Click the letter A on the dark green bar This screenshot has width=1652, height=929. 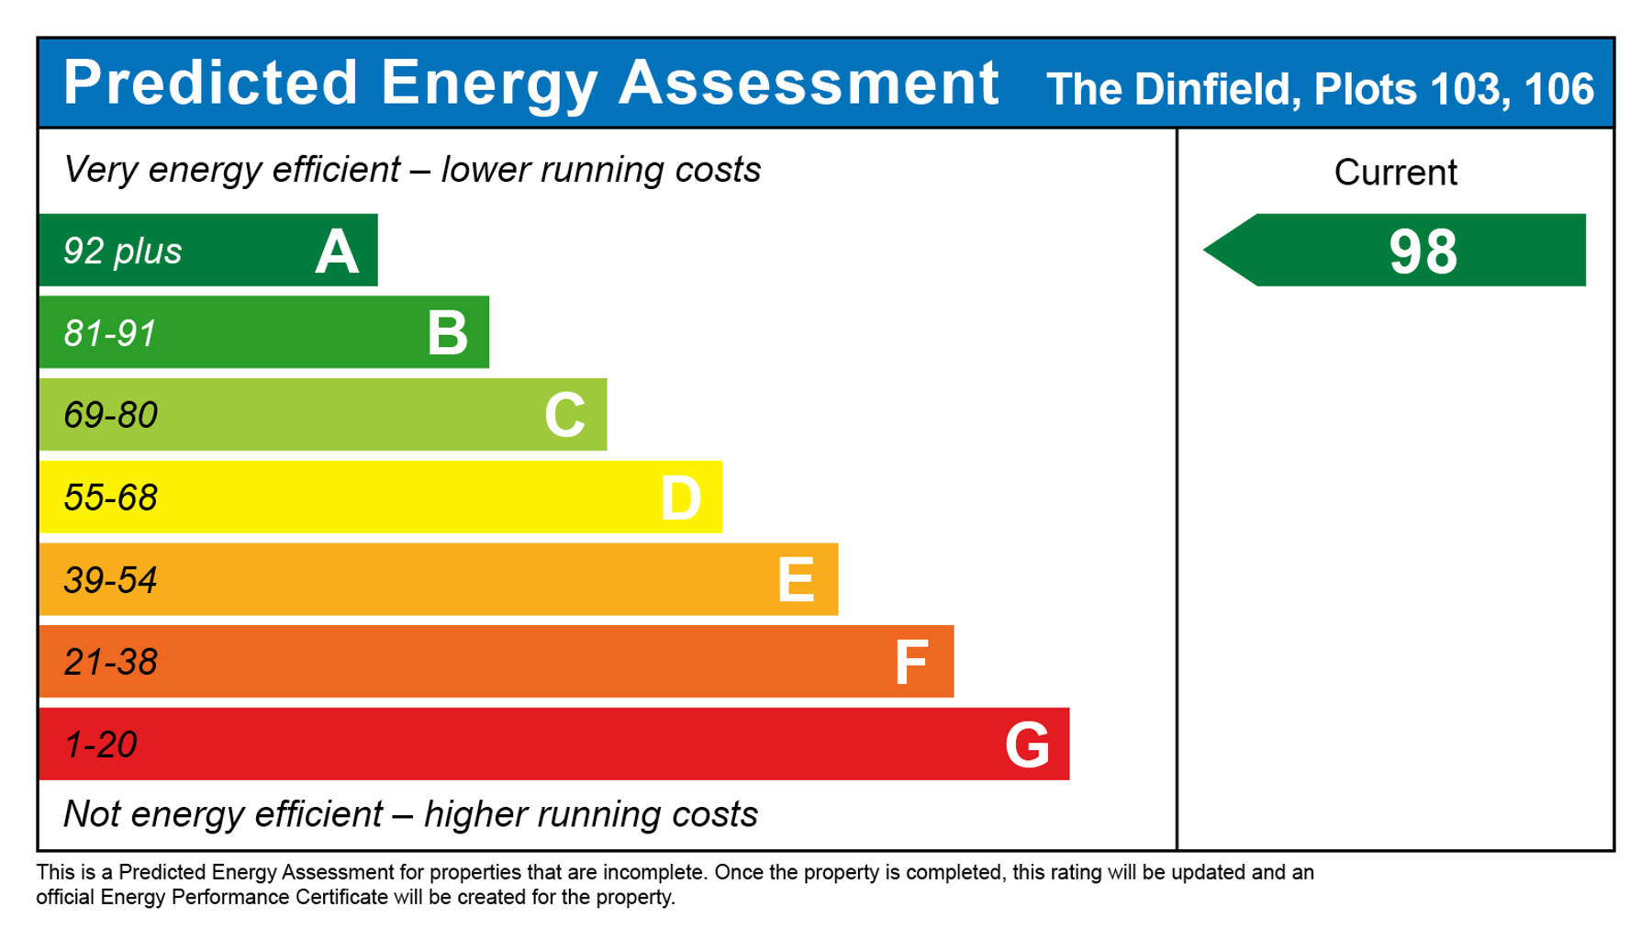(x=337, y=252)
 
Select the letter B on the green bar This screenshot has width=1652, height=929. (x=448, y=333)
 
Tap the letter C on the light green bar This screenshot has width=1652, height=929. (x=564, y=415)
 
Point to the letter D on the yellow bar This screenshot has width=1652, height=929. (x=681, y=498)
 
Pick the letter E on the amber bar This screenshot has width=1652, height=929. (x=796, y=580)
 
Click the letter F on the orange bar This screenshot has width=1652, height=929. (x=911, y=663)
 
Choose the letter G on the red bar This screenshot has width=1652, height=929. (x=1027, y=744)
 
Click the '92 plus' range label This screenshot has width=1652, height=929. (x=122, y=252)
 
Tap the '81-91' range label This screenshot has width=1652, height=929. (x=110, y=333)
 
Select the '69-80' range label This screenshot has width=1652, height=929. (x=110, y=415)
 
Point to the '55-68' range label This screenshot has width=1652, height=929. (x=110, y=498)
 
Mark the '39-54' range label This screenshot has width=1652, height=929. (x=110, y=580)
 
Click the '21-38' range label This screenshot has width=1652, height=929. (x=110, y=662)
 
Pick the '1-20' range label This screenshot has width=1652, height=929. (x=100, y=744)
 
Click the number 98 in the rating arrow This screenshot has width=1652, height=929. (x=1423, y=252)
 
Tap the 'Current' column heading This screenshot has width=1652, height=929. (x=1395, y=173)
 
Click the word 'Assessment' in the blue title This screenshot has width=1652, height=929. (x=809, y=83)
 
